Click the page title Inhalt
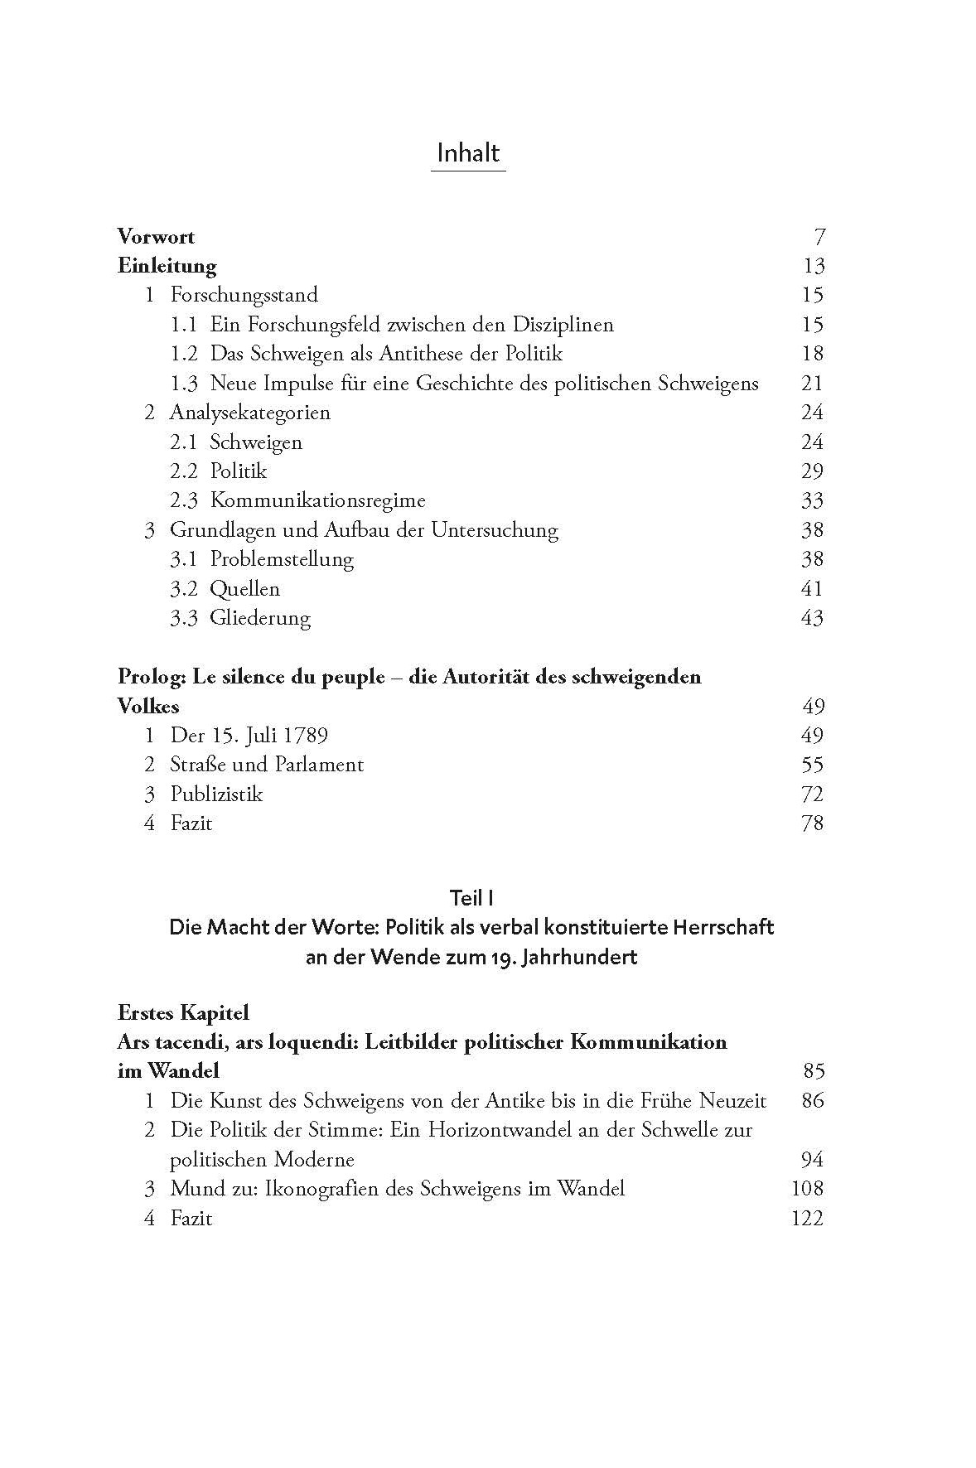coord(468,153)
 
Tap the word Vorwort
coord(156,237)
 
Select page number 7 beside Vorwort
coord(819,237)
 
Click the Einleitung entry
coord(167,266)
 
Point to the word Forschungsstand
coord(244,295)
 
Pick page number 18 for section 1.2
coord(813,354)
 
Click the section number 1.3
coord(184,383)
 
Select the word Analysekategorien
coord(249,413)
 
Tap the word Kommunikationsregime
coord(317,500)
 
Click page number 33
coord(813,500)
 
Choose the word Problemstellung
coord(282,559)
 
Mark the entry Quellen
coord(244,589)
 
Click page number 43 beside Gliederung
coord(813,618)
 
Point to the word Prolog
coord(151,677)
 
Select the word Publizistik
coord(216,794)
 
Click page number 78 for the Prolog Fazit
coord(813,823)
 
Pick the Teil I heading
coord(471,897)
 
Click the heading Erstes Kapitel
coord(183,1012)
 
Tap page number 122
coord(808,1218)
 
